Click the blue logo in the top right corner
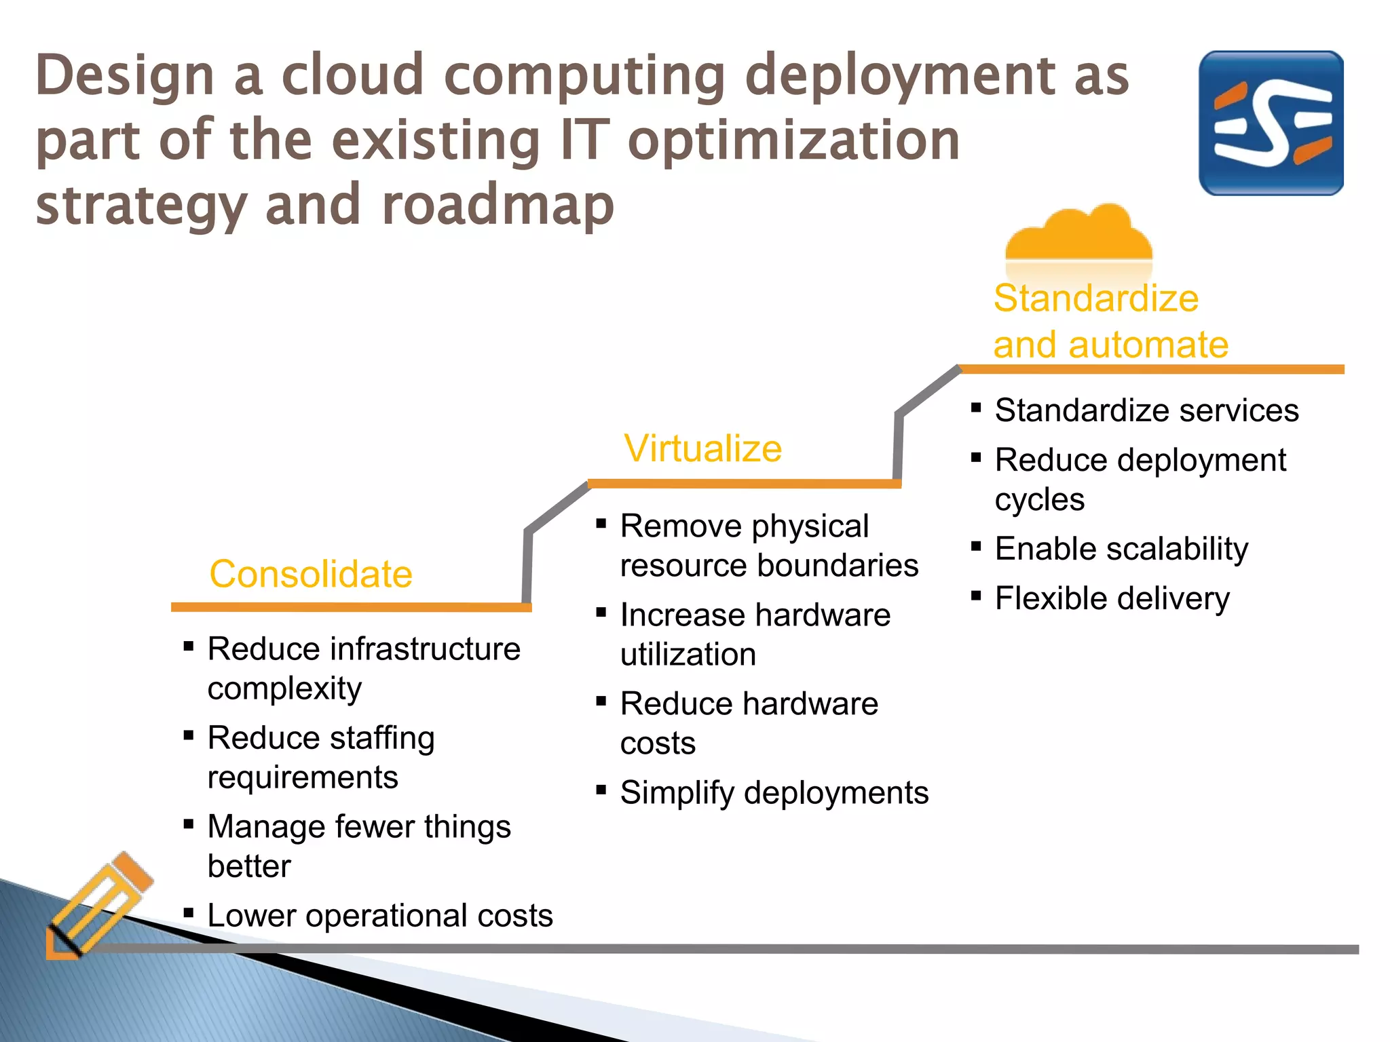[x=1271, y=123]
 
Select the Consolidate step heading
[x=311, y=575]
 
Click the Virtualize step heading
[x=703, y=449]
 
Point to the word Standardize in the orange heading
[x=1096, y=298]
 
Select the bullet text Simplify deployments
[x=774, y=793]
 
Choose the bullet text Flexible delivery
[x=1112, y=598]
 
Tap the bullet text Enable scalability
[x=1121, y=549]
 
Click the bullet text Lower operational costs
[x=380, y=916]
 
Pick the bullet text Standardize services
[x=1146, y=410]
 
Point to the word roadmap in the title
[x=498, y=205]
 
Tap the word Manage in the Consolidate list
[x=265, y=827]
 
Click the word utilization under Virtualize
[x=688, y=655]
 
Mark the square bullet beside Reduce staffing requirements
[x=189, y=735]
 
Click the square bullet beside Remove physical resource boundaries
[x=601, y=524]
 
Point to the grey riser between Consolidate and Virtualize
[x=527, y=565]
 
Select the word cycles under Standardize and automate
[x=1039, y=500]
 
